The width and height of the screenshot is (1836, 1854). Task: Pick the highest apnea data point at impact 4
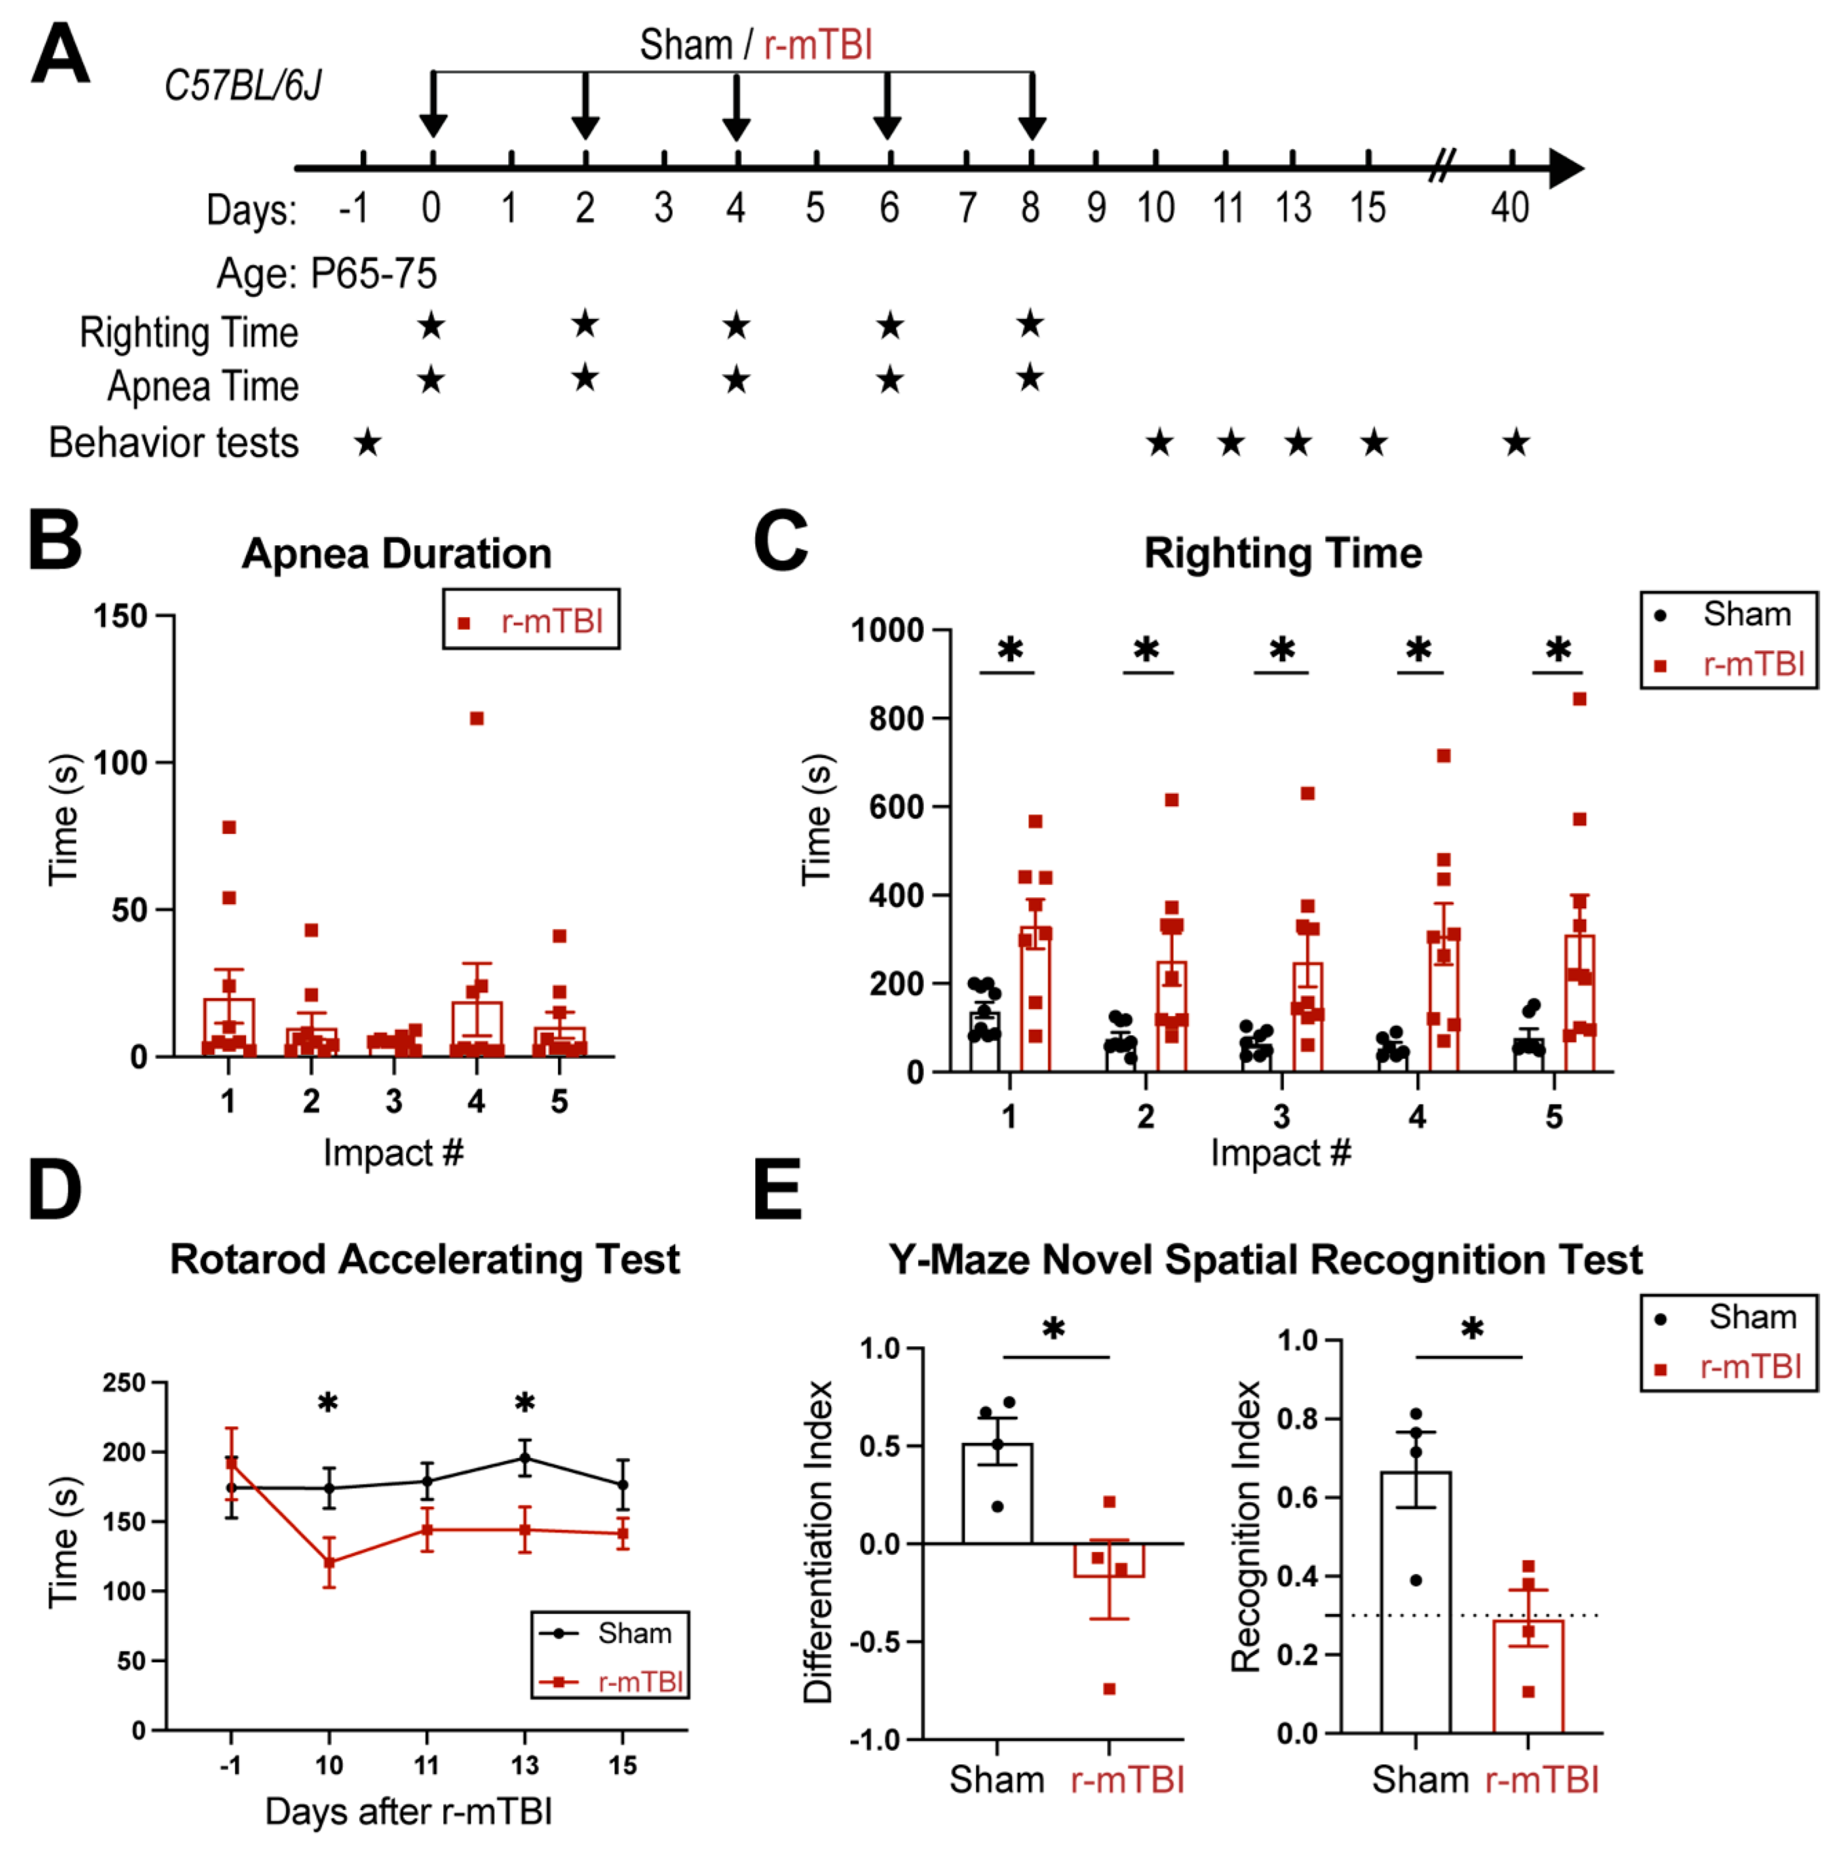pyautogui.click(x=477, y=719)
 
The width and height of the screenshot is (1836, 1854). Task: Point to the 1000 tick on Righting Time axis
pyautogui.click(x=887, y=631)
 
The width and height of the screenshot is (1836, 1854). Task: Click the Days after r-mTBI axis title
pyautogui.click(x=409, y=1812)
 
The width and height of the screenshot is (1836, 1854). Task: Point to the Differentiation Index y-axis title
pyautogui.click(x=818, y=1542)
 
